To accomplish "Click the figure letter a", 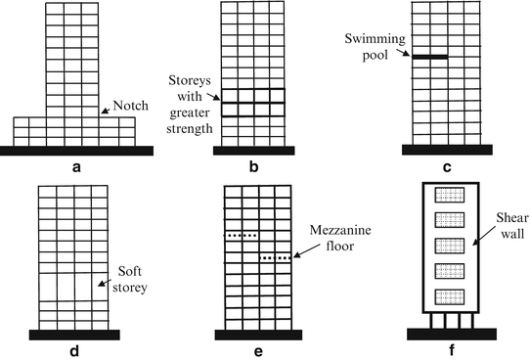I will tap(76, 167).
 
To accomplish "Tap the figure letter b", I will tap(253, 167).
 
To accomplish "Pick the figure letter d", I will tap(76, 349).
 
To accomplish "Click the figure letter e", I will tap(255, 349).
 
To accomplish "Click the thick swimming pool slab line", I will tap(430, 58).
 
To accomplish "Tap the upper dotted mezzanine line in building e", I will tap(243, 235).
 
